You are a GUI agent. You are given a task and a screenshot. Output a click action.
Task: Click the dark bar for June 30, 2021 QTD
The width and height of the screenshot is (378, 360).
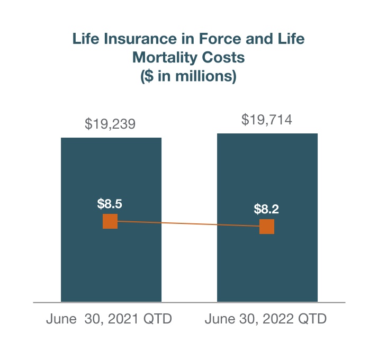tap(111, 265)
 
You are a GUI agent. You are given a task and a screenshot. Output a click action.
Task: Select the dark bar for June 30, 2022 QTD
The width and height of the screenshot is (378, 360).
tap(267, 265)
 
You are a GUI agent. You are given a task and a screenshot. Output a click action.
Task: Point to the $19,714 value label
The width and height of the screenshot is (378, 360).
tap(267, 120)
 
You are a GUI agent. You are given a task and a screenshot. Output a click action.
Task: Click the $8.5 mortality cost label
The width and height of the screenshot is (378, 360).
tap(110, 203)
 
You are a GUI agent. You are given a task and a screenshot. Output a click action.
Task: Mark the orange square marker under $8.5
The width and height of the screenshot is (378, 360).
tap(110, 221)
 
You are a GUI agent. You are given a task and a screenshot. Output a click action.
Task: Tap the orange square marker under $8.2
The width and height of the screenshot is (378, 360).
tap(267, 227)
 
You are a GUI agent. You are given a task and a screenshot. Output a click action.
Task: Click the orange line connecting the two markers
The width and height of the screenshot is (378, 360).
tap(188, 224)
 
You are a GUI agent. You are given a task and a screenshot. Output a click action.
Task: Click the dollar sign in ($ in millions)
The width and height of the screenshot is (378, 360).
tap(149, 76)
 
